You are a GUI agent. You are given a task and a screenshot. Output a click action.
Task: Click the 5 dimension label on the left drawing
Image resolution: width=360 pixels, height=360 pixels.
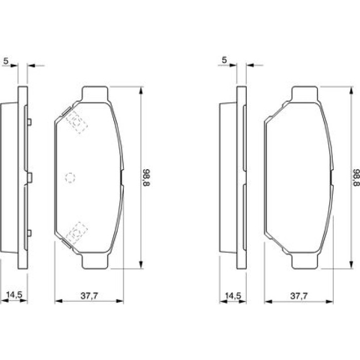6,61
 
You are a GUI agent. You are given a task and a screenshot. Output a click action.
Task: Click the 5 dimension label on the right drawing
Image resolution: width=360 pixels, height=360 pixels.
224,60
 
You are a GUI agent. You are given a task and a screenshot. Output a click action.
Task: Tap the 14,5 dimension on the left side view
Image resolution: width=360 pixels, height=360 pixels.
14,295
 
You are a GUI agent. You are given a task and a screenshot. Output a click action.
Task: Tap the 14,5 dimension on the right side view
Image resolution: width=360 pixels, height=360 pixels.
233,296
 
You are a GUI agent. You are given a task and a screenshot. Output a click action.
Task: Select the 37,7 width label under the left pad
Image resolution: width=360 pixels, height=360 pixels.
89,296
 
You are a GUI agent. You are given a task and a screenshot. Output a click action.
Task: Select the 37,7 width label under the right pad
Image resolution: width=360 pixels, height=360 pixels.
299,296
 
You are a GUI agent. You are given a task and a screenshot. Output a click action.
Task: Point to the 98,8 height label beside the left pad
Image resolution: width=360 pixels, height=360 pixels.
147,177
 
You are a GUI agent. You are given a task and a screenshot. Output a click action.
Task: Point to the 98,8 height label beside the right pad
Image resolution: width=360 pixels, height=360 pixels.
356,177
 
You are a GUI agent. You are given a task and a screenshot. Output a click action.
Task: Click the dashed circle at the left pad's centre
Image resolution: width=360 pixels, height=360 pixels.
70,178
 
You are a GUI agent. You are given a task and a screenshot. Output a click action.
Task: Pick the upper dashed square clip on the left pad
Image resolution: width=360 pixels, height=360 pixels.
77,122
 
